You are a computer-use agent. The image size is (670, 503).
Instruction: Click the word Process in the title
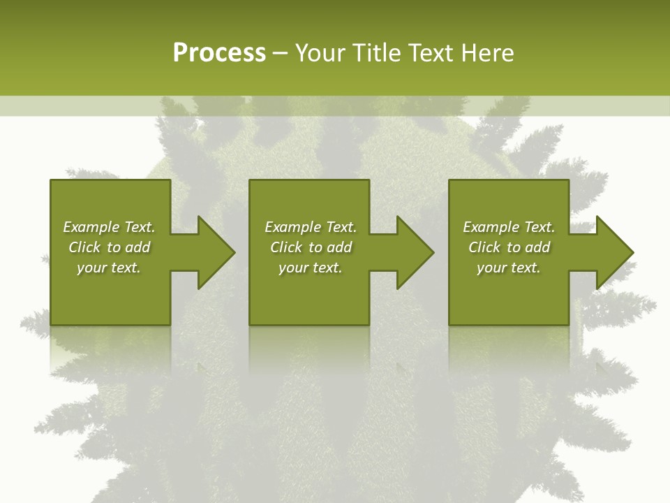click(219, 53)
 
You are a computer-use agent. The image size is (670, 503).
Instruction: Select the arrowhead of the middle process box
click(414, 252)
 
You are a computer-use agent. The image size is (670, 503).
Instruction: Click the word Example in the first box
click(91, 227)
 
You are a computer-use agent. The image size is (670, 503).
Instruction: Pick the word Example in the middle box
click(293, 227)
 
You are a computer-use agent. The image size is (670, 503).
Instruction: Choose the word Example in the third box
click(491, 227)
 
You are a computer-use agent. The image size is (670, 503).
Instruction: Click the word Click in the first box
click(85, 247)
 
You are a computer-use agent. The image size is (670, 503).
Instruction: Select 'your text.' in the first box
click(109, 268)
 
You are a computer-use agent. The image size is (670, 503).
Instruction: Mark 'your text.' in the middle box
click(311, 268)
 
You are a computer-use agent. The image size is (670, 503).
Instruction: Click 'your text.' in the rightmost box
click(509, 268)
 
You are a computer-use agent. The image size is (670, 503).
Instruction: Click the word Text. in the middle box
click(341, 227)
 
